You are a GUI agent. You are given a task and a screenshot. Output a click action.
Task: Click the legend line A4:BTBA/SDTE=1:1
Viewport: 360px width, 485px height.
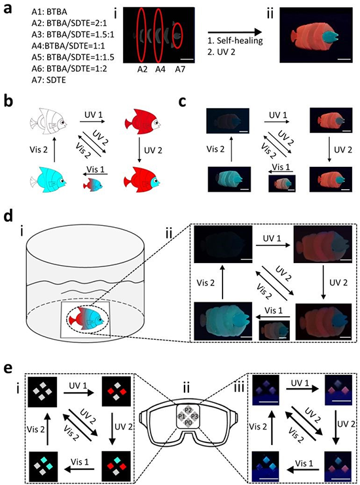(68, 46)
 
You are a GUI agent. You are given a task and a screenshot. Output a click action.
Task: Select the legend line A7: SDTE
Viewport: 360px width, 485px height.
(48, 80)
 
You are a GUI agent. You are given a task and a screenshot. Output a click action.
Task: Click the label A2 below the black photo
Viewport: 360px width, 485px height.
(142, 69)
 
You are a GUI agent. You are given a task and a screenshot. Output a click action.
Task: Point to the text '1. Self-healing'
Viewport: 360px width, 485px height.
(235, 41)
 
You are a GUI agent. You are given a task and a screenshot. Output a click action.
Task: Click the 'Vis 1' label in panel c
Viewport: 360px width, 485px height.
(281, 168)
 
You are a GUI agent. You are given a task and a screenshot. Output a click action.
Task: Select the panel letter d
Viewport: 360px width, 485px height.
(9, 217)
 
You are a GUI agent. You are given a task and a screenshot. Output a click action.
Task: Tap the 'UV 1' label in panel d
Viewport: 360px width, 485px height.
(272, 239)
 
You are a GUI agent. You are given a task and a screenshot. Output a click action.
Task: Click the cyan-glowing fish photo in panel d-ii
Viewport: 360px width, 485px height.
(223, 321)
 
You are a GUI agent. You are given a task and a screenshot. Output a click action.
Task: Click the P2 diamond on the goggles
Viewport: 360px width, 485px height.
(189, 410)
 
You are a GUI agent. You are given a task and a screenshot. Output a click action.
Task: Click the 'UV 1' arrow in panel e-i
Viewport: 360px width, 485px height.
(79, 393)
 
